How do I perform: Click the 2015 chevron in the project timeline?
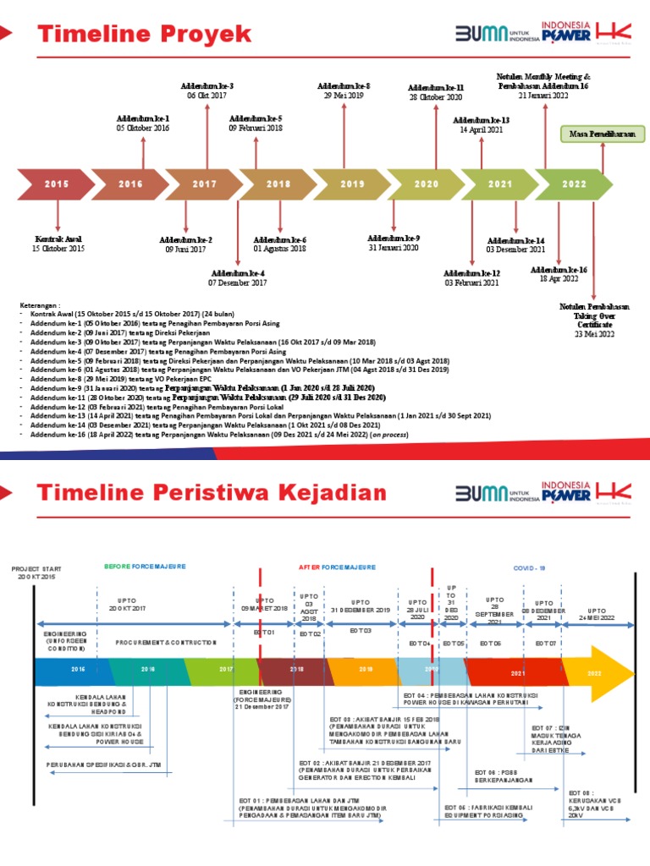(x=57, y=184)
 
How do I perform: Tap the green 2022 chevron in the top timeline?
(x=574, y=184)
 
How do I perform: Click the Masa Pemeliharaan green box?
(x=602, y=134)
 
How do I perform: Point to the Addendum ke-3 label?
(x=208, y=86)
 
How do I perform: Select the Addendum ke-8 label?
(x=344, y=86)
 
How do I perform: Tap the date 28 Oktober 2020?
(x=436, y=98)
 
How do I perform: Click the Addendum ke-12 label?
(x=471, y=273)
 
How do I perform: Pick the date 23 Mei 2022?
(x=594, y=334)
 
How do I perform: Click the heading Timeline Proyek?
(x=146, y=34)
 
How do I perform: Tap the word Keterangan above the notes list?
(x=40, y=305)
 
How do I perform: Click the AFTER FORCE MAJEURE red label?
(x=338, y=567)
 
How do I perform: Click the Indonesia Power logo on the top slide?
(x=566, y=33)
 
